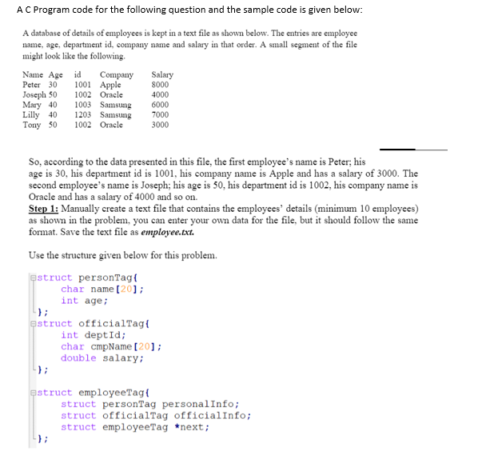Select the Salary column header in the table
161,75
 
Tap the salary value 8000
160,85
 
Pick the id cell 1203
82,115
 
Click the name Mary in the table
32,105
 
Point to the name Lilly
32,115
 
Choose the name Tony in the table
32,126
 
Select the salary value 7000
160,115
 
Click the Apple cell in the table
110,85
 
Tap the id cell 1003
82,105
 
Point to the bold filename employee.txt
167,232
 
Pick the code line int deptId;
93,336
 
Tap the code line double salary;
102,358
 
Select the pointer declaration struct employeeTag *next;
135,427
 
